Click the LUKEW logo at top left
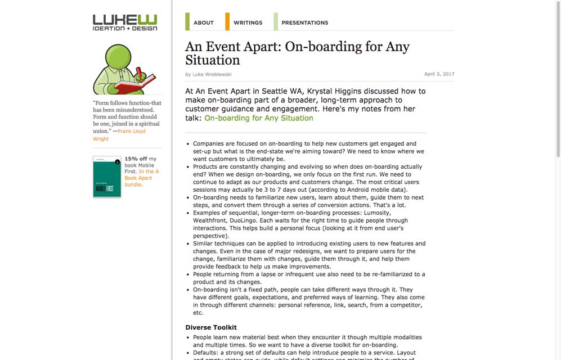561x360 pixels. click(125, 21)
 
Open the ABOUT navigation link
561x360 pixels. click(203, 22)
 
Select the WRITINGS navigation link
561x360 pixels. click(248, 22)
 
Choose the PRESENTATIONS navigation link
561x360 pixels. click(304, 22)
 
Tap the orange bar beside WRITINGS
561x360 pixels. click(227, 21)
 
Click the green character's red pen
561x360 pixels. click(139, 73)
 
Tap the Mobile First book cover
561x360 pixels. click(107, 177)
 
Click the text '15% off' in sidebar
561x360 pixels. click(136, 159)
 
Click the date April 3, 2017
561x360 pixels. click(439, 74)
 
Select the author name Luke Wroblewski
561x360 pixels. click(212, 74)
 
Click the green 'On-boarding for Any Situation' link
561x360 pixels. click(258, 118)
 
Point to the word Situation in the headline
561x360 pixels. click(213, 60)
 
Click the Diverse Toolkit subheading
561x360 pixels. click(211, 327)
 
